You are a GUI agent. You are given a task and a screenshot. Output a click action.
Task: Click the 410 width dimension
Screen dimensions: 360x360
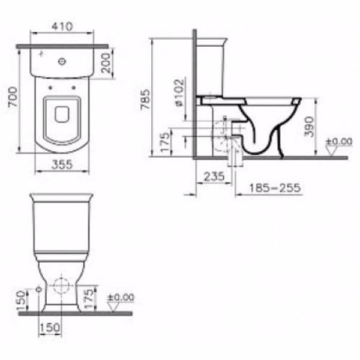pyautogui.click(x=62, y=26)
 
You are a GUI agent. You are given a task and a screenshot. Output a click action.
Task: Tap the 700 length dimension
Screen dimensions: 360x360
pyautogui.click(x=13, y=97)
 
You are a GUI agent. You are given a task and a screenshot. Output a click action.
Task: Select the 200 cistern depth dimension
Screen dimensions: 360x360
pyautogui.click(x=106, y=63)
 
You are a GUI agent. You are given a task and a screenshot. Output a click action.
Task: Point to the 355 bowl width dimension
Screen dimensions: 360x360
pyautogui.click(x=62, y=164)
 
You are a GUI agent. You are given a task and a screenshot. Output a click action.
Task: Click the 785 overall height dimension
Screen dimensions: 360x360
pyautogui.click(x=145, y=100)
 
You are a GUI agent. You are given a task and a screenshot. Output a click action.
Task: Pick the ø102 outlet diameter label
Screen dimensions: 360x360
pyautogui.click(x=179, y=93)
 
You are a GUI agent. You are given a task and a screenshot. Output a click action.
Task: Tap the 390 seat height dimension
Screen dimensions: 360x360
pyautogui.click(x=309, y=127)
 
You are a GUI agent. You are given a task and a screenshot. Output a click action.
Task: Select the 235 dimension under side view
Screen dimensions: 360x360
pyautogui.click(x=214, y=176)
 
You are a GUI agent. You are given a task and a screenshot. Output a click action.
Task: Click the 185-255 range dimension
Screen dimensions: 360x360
pyautogui.click(x=275, y=188)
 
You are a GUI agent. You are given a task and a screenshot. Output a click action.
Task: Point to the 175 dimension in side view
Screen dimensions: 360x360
pyautogui.click(x=166, y=143)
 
